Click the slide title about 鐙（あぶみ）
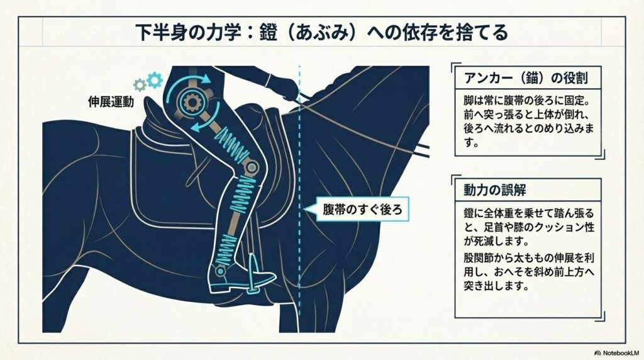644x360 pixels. [x=321, y=32]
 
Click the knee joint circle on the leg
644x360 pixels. [x=252, y=168]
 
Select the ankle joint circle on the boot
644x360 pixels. [x=221, y=271]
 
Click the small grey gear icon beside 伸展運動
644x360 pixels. [x=140, y=84]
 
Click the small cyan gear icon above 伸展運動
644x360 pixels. [x=153, y=80]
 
